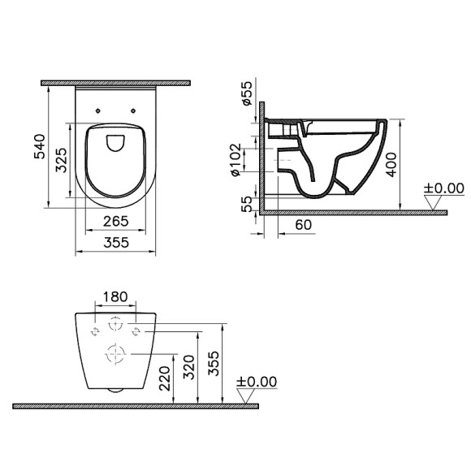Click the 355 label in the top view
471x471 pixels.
click(116, 242)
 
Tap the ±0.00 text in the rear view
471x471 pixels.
click(256, 382)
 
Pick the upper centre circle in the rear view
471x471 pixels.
click(116, 322)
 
